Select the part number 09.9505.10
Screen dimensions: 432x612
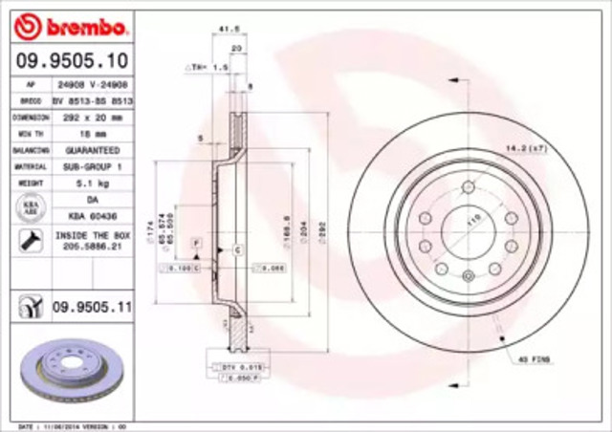click(73, 63)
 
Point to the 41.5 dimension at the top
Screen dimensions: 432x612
click(228, 31)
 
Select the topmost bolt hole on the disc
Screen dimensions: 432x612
click(469, 187)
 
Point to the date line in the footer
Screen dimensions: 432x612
click(67, 424)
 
